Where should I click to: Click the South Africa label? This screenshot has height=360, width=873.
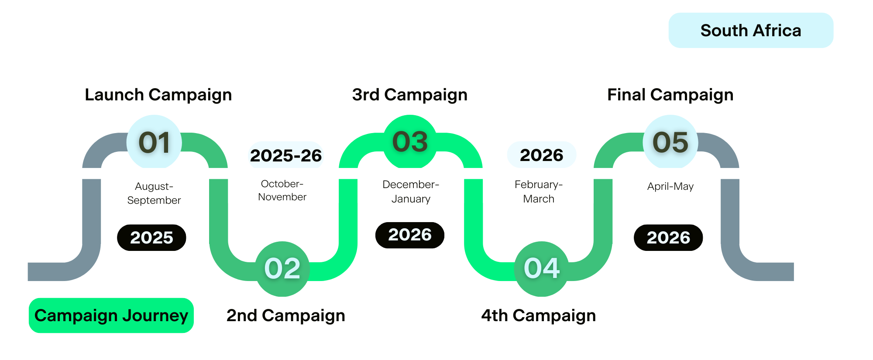(x=751, y=30)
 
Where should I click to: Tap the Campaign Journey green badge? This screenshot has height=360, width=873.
(x=111, y=315)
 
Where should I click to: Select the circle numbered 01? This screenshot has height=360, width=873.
(x=154, y=142)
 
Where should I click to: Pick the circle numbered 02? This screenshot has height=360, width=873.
(x=282, y=269)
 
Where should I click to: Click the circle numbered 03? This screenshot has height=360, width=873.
(x=410, y=142)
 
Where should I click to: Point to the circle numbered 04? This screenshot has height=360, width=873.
(x=542, y=269)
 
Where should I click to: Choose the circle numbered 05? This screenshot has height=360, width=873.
(x=670, y=142)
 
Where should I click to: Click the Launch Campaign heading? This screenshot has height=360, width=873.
(x=158, y=95)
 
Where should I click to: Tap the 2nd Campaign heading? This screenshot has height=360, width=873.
(x=286, y=315)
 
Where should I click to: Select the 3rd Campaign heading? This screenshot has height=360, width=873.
(x=410, y=95)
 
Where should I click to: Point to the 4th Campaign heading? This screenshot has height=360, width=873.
(x=539, y=315)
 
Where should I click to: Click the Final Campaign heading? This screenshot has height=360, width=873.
(x=670, y=95)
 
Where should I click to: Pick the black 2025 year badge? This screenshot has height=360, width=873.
(x=151, y=238)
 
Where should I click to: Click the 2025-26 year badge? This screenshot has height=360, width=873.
(x=286, y=155)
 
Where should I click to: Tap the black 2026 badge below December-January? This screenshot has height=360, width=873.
(x=410, y=235)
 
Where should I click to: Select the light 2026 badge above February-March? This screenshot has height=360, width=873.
(x=542, y=155)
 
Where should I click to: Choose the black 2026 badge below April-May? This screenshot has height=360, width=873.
(x=668, y=238)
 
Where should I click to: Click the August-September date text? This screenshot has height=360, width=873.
(x=154, y=193)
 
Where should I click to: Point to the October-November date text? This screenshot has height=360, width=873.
(x=282, y=190)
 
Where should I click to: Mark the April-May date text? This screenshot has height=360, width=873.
(x=670, y=186)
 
